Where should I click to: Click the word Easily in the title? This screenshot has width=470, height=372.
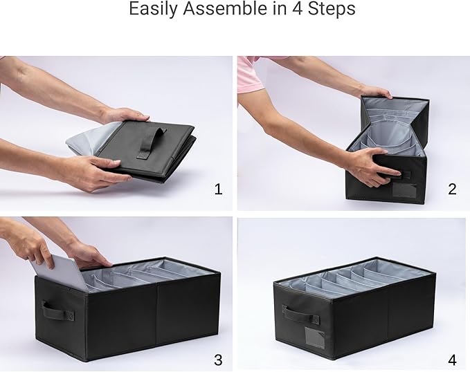click(x=153, y=8)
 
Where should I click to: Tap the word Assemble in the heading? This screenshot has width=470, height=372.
click(x=224, y=8)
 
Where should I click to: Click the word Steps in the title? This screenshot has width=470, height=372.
click(x=332, y=9)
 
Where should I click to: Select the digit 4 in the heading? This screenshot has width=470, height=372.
click(x=298, y=8)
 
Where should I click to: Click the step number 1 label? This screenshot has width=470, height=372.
click(x=218, y=189)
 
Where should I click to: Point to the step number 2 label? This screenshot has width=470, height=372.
click(x=452, y=189)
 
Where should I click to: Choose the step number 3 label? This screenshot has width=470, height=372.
click(x=218, y=360)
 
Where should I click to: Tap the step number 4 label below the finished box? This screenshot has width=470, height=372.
click(x=452, y=360)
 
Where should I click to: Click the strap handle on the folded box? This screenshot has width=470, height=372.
click(x=152, y=142)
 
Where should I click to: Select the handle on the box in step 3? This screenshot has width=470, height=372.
click(x=57, y=311)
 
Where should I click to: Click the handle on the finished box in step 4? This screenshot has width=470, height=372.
click(x=302, y=316)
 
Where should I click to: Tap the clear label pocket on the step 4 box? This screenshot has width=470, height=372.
click(x=314, y=337)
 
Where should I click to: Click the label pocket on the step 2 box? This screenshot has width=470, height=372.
click(x=404, y=190)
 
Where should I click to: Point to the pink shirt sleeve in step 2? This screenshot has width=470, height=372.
click(x=249, y=74)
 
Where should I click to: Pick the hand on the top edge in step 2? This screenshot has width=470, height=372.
click(x=375, y=91)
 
